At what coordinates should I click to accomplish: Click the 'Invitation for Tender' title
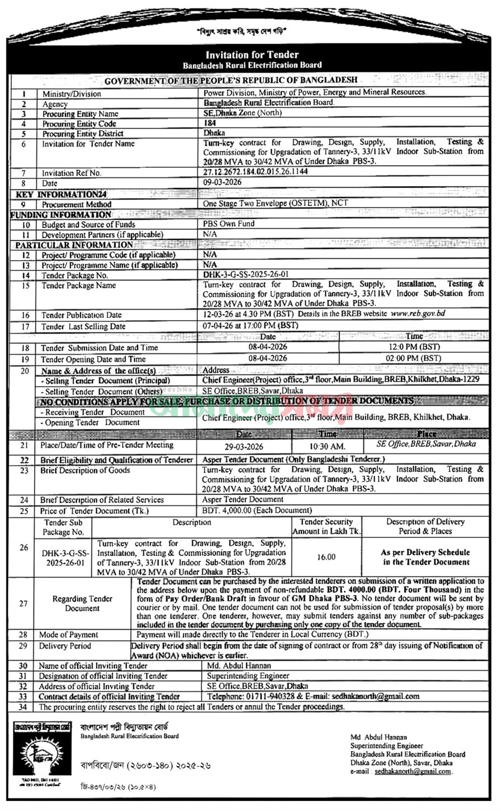tap(252, 55)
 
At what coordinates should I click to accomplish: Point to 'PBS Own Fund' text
tap(229, 224)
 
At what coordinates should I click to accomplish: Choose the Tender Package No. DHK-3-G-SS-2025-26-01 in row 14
tap(246, 275)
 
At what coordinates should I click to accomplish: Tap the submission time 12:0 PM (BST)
tap(414, 348)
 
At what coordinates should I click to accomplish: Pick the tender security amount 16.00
tap(327, 557)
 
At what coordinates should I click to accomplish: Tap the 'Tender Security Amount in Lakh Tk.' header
tap(327, 527)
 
